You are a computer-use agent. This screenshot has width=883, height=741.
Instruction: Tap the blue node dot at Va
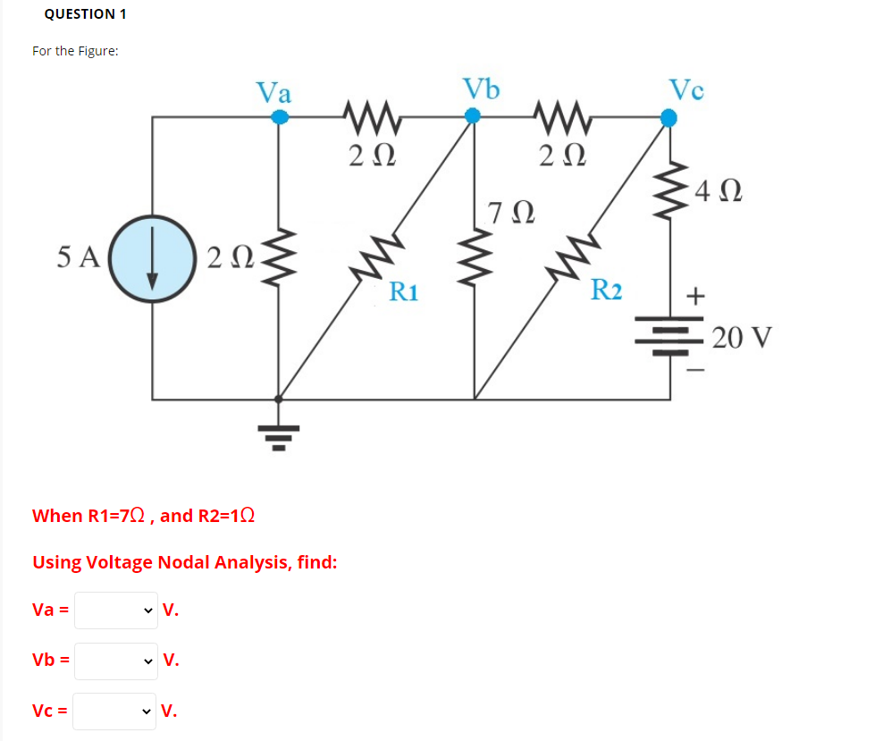point(280,116)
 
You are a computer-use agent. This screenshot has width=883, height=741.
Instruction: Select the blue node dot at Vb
point(474,115)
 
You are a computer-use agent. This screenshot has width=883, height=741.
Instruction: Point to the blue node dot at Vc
point(668,115)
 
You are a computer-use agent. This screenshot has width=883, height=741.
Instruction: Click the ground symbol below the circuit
point(279,436)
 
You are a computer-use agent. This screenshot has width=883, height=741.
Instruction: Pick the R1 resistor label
point(404,291)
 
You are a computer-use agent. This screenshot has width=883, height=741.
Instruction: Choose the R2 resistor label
point(606,290)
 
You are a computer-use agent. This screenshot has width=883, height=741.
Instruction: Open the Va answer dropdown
point(115,611)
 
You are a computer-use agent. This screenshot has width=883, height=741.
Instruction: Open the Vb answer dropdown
point(115,661)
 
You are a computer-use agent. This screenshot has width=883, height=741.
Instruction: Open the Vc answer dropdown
point(115,712)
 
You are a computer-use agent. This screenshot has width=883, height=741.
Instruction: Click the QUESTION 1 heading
point(85,13)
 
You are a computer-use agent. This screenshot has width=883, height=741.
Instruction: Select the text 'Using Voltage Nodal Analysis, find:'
point(184,562)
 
